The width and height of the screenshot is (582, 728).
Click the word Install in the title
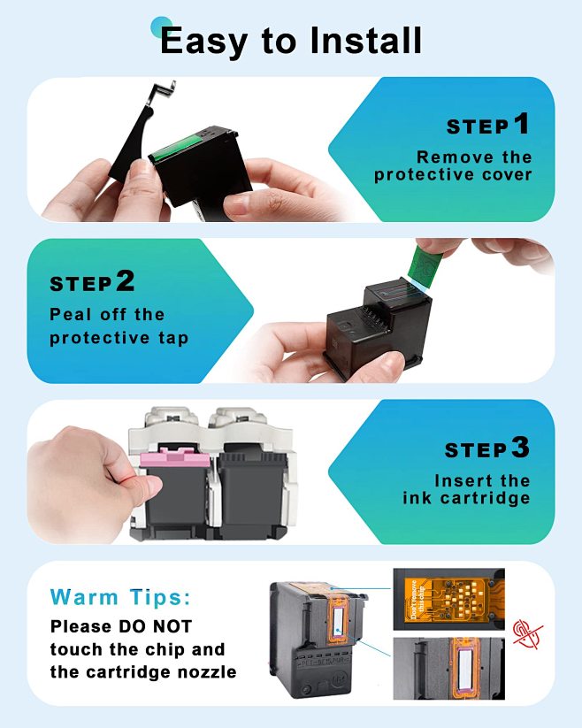pos(365,41)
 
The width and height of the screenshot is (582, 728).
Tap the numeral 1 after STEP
pos(521,124)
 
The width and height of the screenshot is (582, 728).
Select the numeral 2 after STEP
pos(126,281)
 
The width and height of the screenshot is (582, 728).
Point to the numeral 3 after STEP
pos(520,448)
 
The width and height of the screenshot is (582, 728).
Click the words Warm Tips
pos(120,597)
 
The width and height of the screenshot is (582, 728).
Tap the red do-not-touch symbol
pos(528,634)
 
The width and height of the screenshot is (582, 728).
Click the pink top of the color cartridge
pos(175,458)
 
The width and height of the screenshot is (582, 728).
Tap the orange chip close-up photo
pos(448,599)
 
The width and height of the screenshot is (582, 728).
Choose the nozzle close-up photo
pos(448,668)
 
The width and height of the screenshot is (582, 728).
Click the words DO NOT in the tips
pos(155,626)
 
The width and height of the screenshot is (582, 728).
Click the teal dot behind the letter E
pos(161,27)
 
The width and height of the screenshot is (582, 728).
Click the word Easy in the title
pos(203,42)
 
